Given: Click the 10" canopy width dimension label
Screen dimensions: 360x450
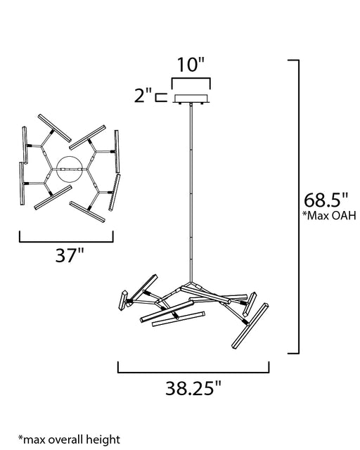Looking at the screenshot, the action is [x=191, y=65].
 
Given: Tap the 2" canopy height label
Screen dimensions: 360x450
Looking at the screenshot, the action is [x=143, y=96].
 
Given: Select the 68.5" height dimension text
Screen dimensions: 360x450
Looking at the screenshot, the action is [x=326, y=200].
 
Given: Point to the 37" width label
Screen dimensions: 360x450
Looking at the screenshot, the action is [x=69, y=255].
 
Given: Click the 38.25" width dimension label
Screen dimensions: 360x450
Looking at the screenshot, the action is [x=193, y=388].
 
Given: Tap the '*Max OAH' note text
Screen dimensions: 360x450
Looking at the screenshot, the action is [x=329, y=215].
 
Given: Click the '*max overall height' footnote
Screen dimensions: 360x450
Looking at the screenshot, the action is [x=69, y=439].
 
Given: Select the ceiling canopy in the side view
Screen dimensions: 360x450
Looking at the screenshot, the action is [x=191, y=99].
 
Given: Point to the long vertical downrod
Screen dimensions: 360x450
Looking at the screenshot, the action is [x=191, y=193].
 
